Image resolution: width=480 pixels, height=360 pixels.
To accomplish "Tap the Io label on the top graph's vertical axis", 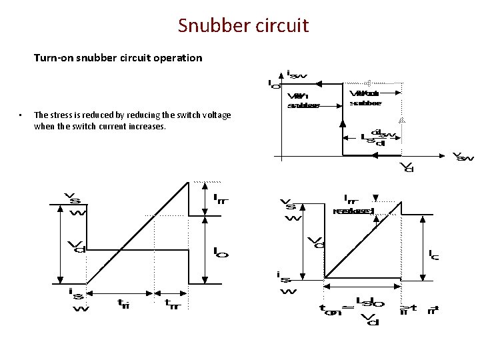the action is pos(274,85).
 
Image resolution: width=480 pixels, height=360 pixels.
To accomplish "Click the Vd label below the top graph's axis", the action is pos(405,167).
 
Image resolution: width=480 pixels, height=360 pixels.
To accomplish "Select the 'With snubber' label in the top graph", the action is pos(303,100).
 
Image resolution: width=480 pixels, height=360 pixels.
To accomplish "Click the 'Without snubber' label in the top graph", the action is pos(366,98).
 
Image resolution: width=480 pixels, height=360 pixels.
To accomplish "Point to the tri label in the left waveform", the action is pos(123,303).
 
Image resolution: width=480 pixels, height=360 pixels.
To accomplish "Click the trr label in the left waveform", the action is pos(172,303).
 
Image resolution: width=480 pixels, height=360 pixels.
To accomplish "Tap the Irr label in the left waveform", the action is pos(220,198).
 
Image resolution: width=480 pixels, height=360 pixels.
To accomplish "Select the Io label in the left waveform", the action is pos(220,252).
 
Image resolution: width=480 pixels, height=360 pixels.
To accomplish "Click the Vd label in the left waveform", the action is pos(77,246).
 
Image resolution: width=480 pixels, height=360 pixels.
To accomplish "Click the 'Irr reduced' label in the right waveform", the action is pos(353,205).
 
